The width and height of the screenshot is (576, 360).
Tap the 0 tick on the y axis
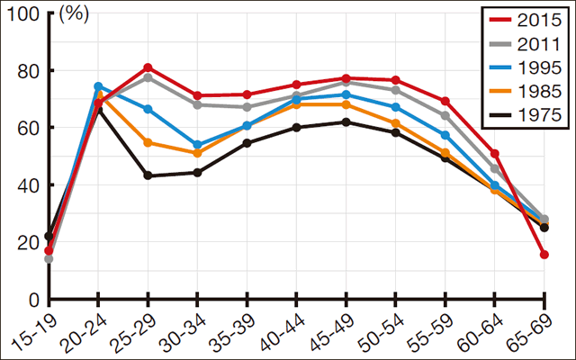pyautogui.click(x=34, y=299)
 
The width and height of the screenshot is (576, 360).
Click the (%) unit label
pyautogui.click(x=75, y=14)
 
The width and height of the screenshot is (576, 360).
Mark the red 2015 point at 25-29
pyautogui.click(x=148, y=67)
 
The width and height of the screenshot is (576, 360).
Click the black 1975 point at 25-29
pyautogui.click(x=148, y=175)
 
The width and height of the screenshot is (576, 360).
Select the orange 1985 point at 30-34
pyautogui.click(x=197, y=153)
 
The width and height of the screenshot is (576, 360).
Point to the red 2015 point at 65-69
pyautogui.click(x=544, y=255)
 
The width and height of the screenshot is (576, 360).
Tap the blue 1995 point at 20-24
pyautogui.click(x=98, y=86)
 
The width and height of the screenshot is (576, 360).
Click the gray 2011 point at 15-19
pyautogui.click(x=49, y=259)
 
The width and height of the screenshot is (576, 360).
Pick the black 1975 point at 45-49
pyautogui.click(x=346, y=121)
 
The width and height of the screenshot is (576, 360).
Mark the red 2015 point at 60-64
pyautogui.click(x=494, y=154)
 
